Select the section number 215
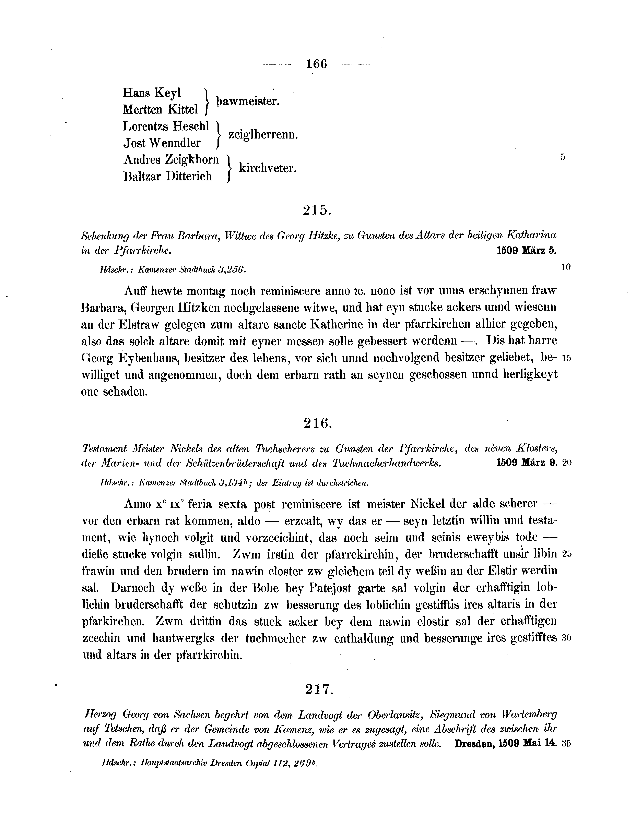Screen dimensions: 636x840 (x=317, y=210)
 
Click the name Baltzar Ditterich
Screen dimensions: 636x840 (x=168, y=177)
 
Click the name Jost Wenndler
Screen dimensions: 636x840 (x=162, y=143)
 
